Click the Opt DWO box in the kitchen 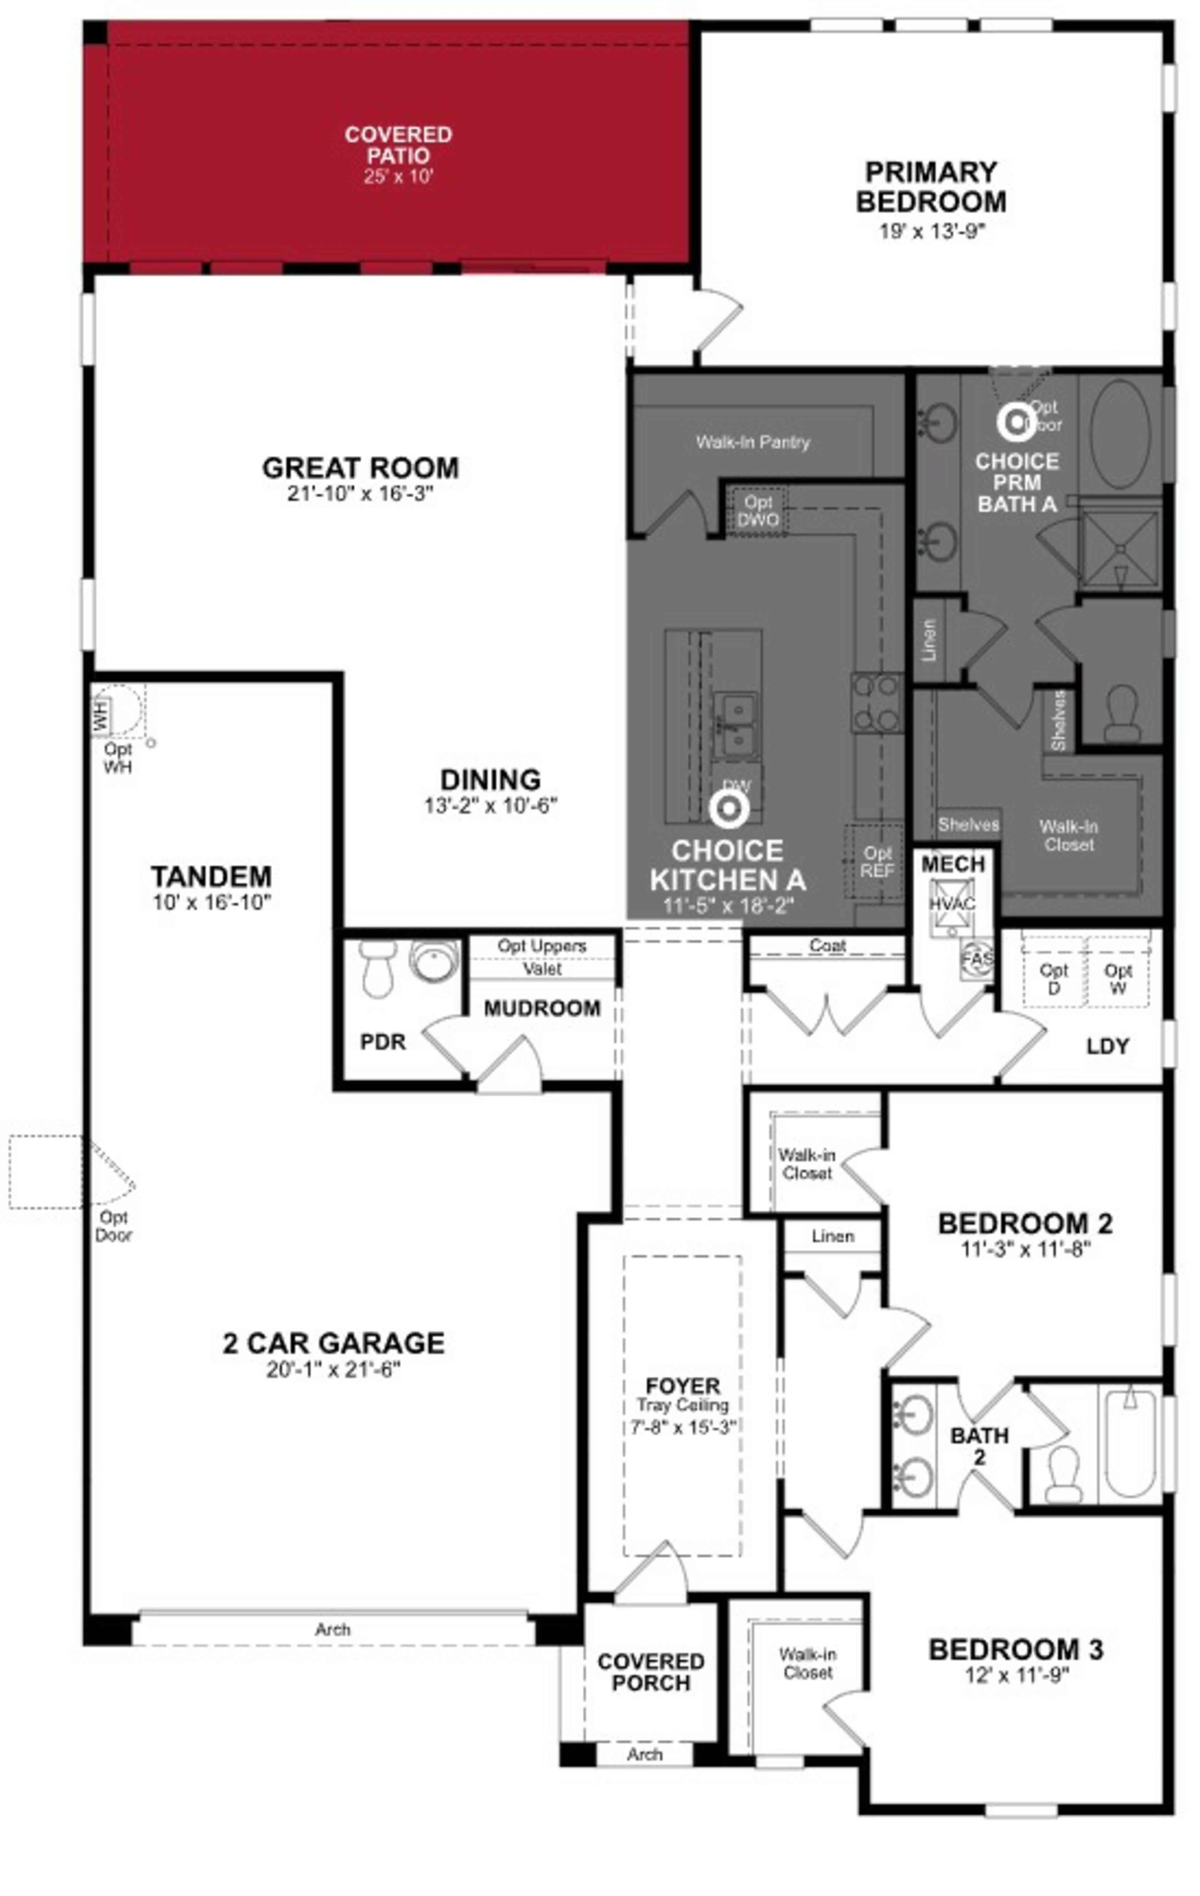tap(758, 510)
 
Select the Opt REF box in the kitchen tap(877, 861)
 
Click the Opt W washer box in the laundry tap(1117, 979)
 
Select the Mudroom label tap(541, 1008)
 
